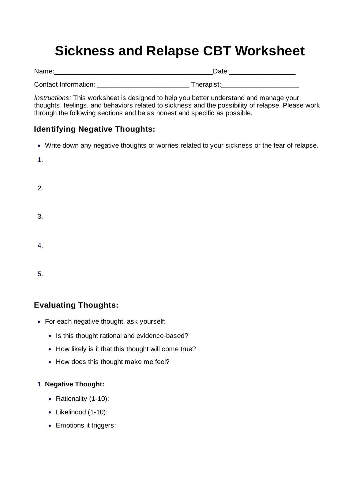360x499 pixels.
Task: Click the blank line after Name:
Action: click(133, 73)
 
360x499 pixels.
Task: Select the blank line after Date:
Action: click(262, 73)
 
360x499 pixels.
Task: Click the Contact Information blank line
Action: click(143, 86)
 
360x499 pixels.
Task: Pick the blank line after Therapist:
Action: click(260, 86)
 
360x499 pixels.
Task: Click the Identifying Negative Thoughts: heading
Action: click(94, 129)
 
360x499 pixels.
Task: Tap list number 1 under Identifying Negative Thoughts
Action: click(40, 160)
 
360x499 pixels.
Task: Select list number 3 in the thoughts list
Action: click(40, 217)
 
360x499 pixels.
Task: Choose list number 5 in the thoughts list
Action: click(40, 274)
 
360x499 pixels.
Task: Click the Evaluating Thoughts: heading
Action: click(76, 305)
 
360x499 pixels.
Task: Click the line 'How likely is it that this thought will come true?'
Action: click(126, 349)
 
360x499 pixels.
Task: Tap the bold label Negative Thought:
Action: click(74, 384)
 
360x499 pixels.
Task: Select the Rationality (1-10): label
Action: click(82, 399)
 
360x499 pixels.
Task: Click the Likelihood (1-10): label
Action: click(81, 412)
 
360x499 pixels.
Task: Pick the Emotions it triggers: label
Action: click(86, 426)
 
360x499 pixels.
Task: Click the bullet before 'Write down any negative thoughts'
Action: click(39, 146)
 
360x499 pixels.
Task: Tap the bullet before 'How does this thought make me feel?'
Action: click(50, 362)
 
